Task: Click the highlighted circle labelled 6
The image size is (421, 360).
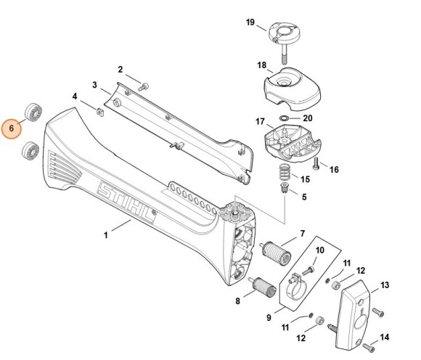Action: pyautogui.click(x=12, y=130)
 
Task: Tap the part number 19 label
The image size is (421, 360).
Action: pyautogui.click(x=250, y=23)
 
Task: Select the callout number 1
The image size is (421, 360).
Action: pyautogui.click(x=106, y=234)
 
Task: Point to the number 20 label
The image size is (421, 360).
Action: pyautogui.click(x=307, y=118)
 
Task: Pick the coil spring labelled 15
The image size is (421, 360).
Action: pyautogui.click(x=285, y=173)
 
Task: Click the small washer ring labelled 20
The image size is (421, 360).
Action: pyautogui.click(x=284, y=117)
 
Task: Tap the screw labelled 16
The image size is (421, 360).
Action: pyautogui.click(x=317, y=162)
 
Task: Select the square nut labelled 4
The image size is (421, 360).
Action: pyautogui.click(x=97, y=110)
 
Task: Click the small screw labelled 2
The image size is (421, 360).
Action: pyautogui.click(x=144, y=84)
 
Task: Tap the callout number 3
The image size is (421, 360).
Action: pyautogui.click(x=94, y=84)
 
